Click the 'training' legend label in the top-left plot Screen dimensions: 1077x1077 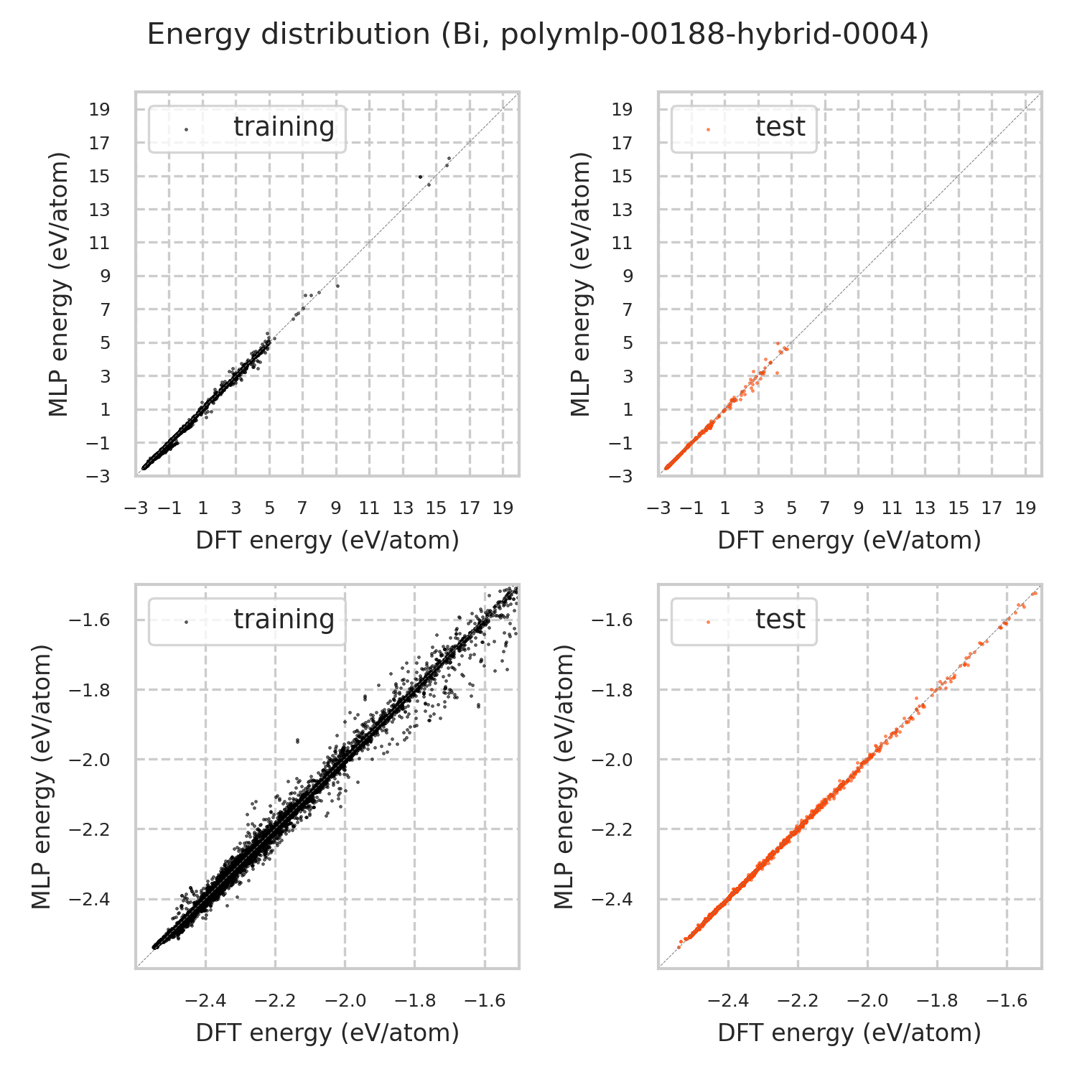(284, 126)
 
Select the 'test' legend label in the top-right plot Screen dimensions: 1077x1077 (780, 126)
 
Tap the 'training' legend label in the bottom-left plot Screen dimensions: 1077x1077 (284, 619)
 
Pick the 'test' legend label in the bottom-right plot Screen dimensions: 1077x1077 (780, 619)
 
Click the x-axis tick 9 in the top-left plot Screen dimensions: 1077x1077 (336, 508)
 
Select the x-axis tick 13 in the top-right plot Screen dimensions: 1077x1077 (925, 508)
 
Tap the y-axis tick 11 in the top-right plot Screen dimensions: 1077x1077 (623, 243)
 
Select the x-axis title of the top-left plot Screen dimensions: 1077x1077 (327, 540)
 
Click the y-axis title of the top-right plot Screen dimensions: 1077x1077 (580, 284)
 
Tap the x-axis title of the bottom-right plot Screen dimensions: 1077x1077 (849, 1032)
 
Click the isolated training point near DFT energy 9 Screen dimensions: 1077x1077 (337, 286)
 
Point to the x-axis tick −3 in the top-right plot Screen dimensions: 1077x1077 (658, 508)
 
